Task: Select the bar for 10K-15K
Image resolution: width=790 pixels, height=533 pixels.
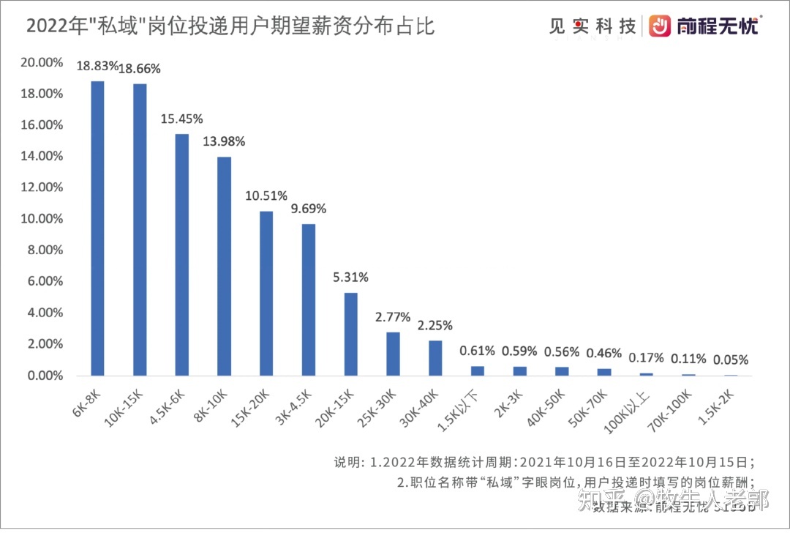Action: coord(140,230)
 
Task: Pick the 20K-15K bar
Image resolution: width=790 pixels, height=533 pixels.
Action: coord(351,334)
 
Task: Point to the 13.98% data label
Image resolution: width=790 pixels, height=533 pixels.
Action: coord(224,141)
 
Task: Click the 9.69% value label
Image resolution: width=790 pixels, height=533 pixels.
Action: coord(309,209)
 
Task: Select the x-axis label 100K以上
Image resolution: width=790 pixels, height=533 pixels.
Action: coord(634,403)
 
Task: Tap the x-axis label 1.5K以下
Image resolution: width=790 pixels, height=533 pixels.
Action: coord(466,403)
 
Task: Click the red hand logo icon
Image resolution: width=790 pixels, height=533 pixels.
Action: coord(661,26)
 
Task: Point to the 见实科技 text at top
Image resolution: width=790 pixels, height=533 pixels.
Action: coord(592,26)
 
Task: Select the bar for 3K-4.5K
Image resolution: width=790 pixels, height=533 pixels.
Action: coord(309,299)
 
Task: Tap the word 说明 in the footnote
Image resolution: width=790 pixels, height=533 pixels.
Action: coord(347,462)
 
